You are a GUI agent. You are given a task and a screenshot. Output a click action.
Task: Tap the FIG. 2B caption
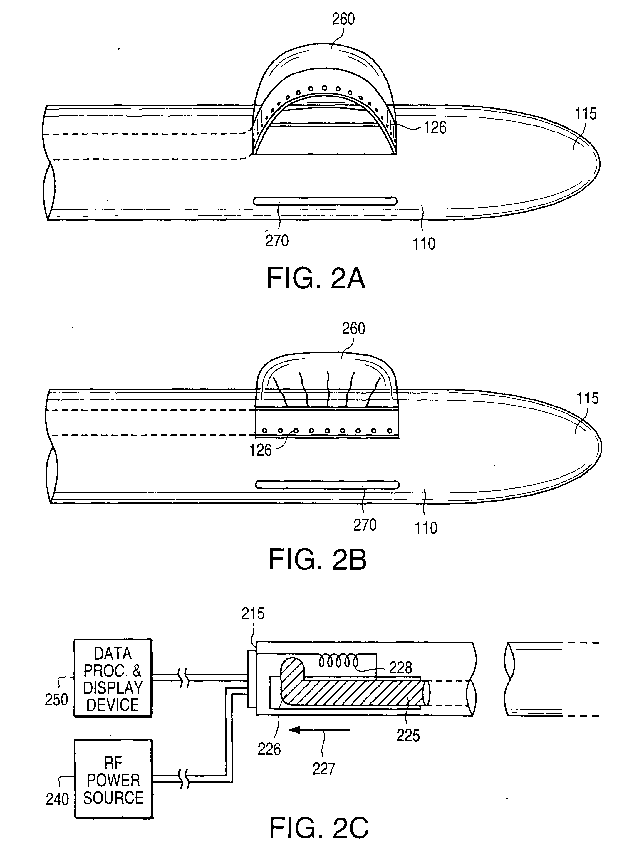pyautogui.click(x=317, y=560)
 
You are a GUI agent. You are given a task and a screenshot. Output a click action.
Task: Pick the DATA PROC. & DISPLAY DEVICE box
pyautogui.click(x=113, y=678)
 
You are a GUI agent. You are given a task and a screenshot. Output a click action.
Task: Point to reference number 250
pyautogui.click(x=56, y=700)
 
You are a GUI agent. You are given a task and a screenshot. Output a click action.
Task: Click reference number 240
pyautogui.click(x=57, y=799)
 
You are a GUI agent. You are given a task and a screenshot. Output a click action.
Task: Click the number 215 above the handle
pyautogui.click(x=253, y=614)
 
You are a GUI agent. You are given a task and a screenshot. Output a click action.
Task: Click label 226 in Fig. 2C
pyautogui.click(x=269, y=749)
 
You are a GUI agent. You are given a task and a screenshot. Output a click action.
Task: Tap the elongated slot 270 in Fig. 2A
pyautogui.click(x=325, y=201)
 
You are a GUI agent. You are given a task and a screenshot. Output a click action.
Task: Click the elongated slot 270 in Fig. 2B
pyautogui.click(x=327, y=485)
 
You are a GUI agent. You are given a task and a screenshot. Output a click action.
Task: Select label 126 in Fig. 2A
pyautogui.click(x=435, y=127)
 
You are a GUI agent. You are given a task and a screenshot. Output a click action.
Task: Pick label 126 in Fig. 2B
pyautogui.click(x=260, y=450)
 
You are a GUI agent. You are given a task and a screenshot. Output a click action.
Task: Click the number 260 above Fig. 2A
pyautogui.click(x=343, y=19)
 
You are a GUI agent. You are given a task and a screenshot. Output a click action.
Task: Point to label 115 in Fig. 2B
pyautogui.click(x=588, y=399)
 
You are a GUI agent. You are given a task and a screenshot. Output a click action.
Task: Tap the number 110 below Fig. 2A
pyautogui.click(x=424, y=244)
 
